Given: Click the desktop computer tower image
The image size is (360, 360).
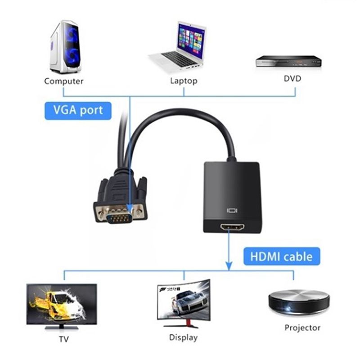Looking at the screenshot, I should (65, 47).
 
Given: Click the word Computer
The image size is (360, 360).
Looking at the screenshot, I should (63, 81).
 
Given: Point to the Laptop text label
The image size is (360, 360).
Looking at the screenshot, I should (184, 81).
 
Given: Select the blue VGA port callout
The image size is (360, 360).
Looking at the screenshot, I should (78, 110).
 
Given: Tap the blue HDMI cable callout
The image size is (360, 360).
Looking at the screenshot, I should (281, 256).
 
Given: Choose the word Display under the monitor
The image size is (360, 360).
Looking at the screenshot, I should (183, 337).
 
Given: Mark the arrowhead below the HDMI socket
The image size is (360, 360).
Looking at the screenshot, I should (229, 266).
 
